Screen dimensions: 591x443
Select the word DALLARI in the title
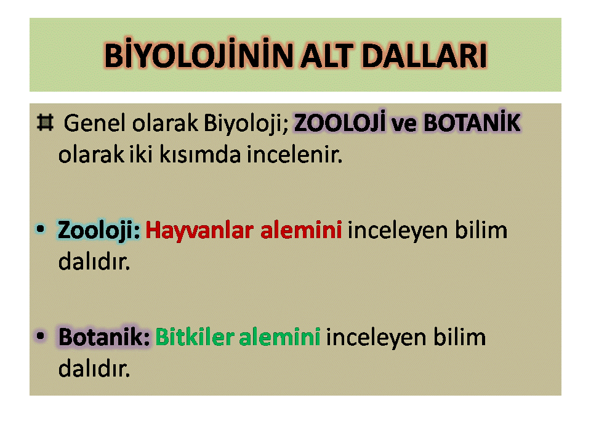[424, 56]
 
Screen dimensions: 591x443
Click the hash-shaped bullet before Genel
[45, 122]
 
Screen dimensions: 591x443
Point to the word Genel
[94, 123]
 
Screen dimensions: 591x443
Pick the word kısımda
[200, 154]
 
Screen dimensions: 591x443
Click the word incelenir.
[294, 154]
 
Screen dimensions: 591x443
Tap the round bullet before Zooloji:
[41, 229]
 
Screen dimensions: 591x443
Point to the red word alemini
[301, 230]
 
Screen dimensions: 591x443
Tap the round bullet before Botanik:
[41, 335]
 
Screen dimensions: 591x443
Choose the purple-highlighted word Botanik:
[105, 337]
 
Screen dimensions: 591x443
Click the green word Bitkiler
[195, 337]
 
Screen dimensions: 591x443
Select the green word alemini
[279, 337]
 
